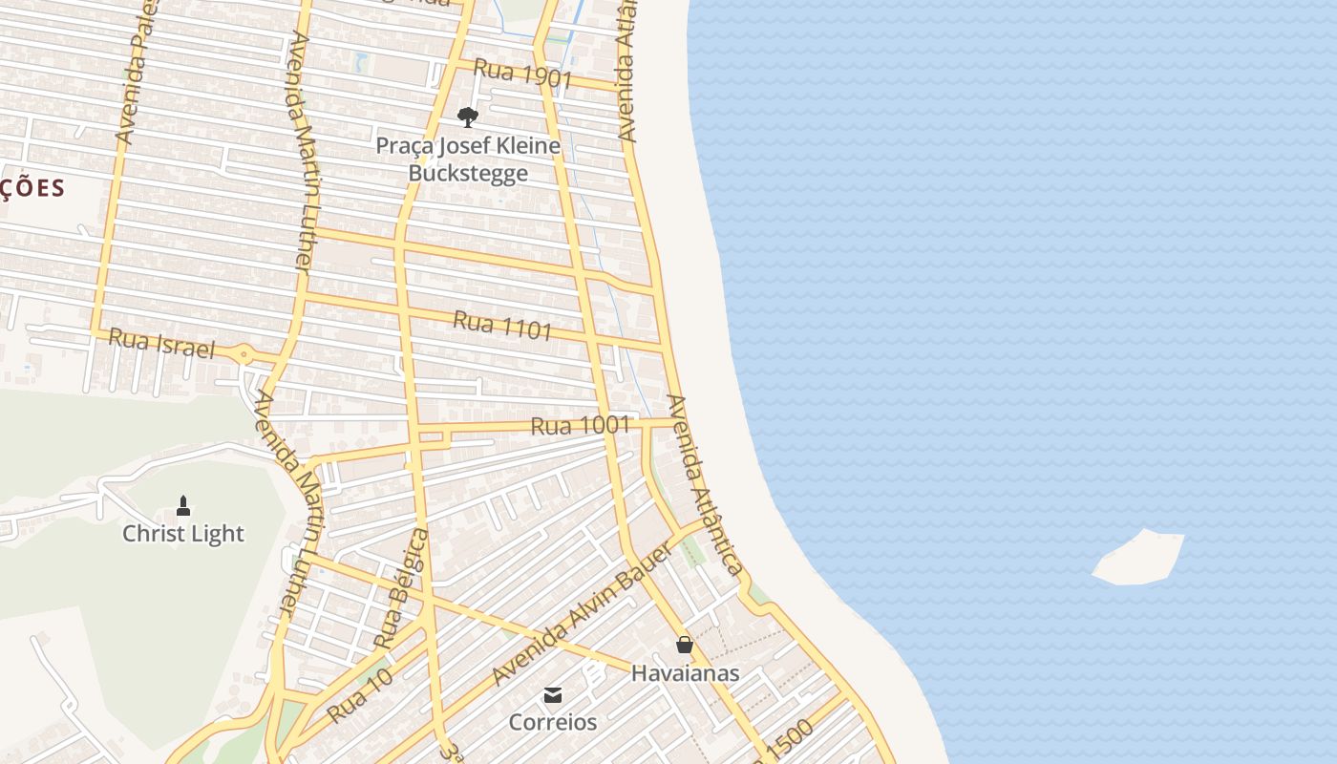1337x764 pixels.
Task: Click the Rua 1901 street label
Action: pyautogui.click(x=522, y=74)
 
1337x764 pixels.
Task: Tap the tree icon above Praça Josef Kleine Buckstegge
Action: pyautogui.click(x=467, y=117)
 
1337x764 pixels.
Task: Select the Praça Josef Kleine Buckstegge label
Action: pyautogui.click(x=467, y=159)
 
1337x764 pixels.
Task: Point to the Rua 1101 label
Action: pyautogui.click(x=502, y=325)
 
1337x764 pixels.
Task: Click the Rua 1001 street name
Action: pyautogui.click(x=580, y=425)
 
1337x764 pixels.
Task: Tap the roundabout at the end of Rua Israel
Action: pyautogui.click(x=244, y=355)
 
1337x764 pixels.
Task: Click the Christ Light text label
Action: pyautogui.click(x=183, y=534)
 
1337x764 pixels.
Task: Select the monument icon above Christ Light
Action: pyautogui.click(x=183, y=505)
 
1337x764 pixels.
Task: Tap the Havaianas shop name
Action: pyautogui.click(x=685, y=673)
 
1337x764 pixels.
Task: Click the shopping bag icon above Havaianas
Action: pyautogui.click(x=685, y=645)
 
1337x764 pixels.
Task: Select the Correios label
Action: pyautogui.click(x=553, y=722)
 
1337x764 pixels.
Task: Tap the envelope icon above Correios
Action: pyautogui.click(x=553, y=694)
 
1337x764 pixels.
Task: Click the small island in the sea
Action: pyautogui.click(x=1139, y=557)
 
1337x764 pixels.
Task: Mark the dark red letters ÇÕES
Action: pyautogui.click(x=32, y=188)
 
